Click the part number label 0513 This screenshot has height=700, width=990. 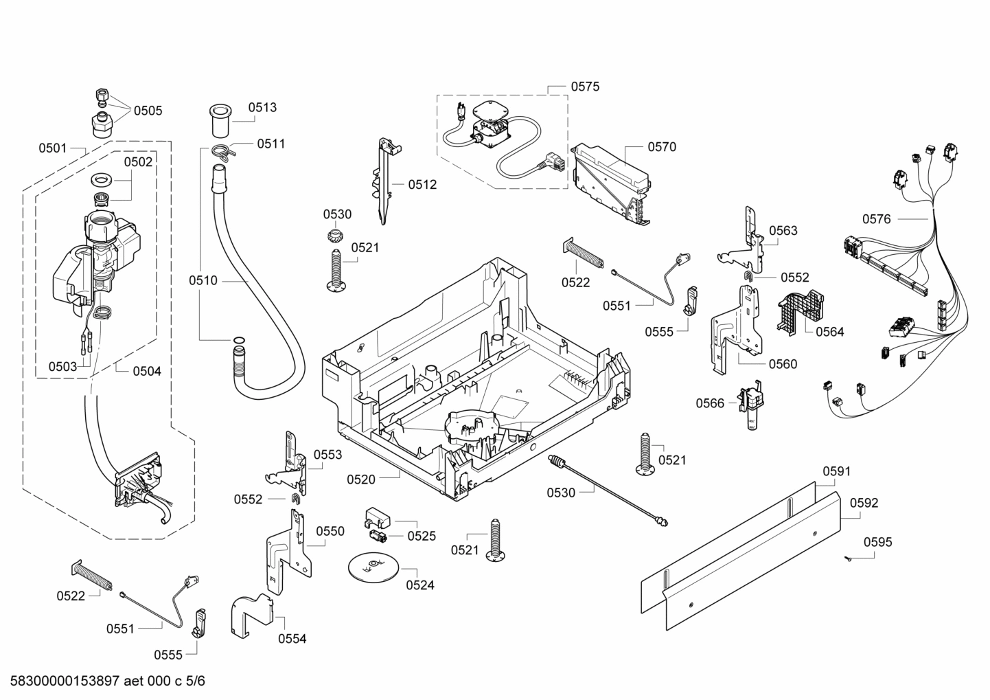click(x=262, y=107)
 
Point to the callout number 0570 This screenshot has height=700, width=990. click(x=661, y=146)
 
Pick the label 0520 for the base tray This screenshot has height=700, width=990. click(x=361, y=479)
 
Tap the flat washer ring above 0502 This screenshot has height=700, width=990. click(x=102, y=180)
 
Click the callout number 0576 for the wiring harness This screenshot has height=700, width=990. click(x=876, y=219)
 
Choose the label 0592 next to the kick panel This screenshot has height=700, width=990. click(x=864, y=503)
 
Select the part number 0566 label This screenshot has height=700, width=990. click(x=710, y=403)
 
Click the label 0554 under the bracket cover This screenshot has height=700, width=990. click(x=292, y=639)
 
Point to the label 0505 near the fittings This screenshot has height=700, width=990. click(x=148, y=111)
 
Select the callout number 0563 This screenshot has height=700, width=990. click(x=783, y=231)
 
